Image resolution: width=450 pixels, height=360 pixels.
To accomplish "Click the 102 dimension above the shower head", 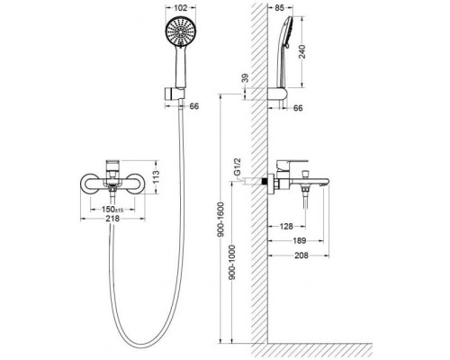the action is (180, 8).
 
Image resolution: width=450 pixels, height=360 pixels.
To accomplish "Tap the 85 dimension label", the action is (279, 8).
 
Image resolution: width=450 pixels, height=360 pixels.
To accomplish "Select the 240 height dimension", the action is (302, 51).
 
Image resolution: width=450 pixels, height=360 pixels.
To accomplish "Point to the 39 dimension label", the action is (246, 78).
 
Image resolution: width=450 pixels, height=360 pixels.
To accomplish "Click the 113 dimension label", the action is (156, 177).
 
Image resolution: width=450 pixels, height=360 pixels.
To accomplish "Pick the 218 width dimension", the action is (112, 219).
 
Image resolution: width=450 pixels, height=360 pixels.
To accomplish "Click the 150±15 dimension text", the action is (112, 209).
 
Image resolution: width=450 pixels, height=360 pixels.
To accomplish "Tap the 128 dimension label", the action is (286, 226).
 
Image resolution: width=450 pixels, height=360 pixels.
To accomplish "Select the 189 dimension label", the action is (299, 240).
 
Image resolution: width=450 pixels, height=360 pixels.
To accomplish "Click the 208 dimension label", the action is (301, 256).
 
